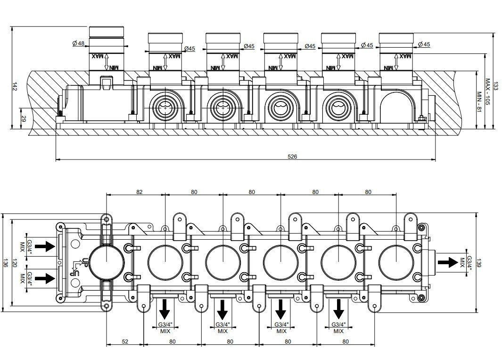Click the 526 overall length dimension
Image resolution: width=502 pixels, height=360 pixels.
click(292, 156)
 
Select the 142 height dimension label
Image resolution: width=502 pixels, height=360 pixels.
click(15, 86)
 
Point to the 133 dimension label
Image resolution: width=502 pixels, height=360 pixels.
click(495, 86)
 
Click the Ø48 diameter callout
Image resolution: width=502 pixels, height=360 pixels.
click(78, 43)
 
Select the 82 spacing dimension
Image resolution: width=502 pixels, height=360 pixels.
click(139, 192)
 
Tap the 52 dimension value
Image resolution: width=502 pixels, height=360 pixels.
click(125, 341)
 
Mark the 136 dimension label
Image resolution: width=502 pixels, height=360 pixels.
click(5, 263)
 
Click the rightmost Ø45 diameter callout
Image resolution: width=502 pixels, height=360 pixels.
click(424, 44)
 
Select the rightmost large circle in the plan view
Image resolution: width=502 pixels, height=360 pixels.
click(395, 261)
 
